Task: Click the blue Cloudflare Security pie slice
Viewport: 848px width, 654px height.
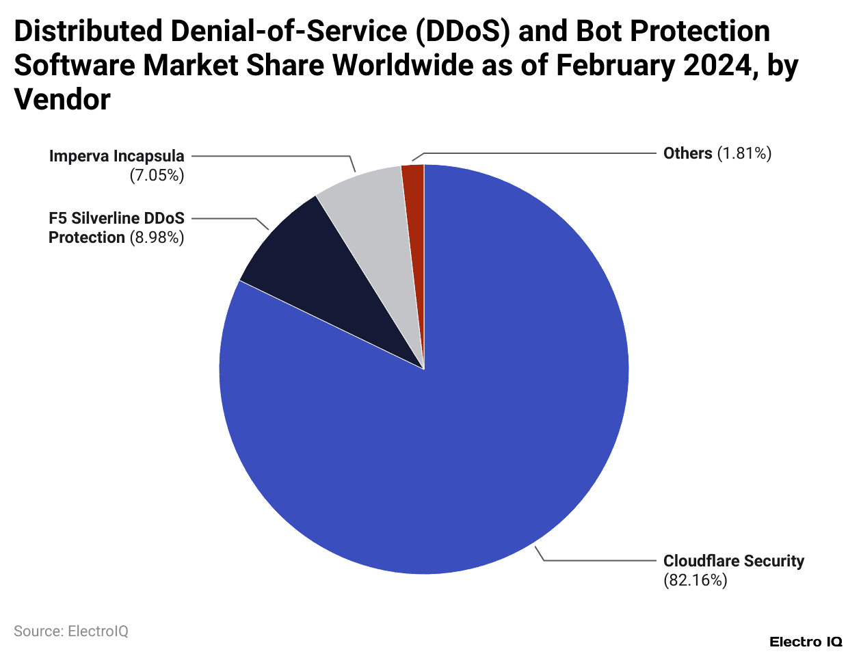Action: [479, 410]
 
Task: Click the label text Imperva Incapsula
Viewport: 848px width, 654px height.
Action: [116, 156]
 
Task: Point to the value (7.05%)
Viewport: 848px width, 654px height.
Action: [157, 175]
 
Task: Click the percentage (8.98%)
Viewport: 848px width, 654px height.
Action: [157, 237]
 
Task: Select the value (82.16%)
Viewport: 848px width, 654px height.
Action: [695, 580]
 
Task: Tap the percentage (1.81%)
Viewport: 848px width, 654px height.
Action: [744, 153]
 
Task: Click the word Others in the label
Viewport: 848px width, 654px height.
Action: [687, 153]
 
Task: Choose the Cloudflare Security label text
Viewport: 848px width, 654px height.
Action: [733, 561]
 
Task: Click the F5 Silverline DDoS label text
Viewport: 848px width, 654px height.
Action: [116, 218]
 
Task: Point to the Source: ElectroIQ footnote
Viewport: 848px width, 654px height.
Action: [71, 631]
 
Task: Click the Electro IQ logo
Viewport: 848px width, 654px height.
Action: [806, 642]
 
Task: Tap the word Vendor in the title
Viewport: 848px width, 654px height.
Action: [62, 100]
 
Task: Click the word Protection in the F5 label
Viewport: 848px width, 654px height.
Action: [86, 237]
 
